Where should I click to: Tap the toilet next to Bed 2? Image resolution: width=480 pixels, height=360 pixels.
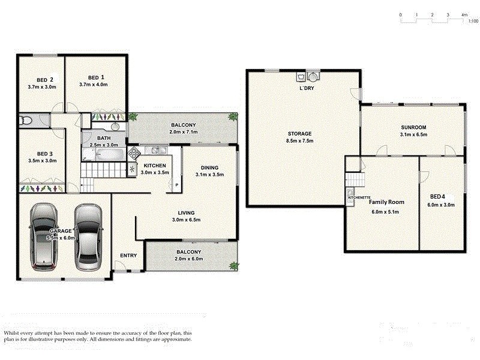(25, 121)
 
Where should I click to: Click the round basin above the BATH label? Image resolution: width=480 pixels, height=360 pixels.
(115, 127)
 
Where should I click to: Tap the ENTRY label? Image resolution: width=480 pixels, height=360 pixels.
(128, 256)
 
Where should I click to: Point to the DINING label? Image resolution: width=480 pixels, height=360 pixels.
(209, 167)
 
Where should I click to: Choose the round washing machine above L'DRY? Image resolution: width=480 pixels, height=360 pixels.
(313, 77)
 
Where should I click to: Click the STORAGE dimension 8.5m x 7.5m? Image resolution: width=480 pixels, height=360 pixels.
(299, 141)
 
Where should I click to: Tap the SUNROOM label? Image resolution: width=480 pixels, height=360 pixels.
(413, 127)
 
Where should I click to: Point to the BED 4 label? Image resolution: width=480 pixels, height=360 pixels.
(439, 196)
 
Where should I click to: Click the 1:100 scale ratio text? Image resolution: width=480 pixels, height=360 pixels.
(473, 21)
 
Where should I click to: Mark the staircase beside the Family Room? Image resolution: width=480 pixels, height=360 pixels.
(356, 179)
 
